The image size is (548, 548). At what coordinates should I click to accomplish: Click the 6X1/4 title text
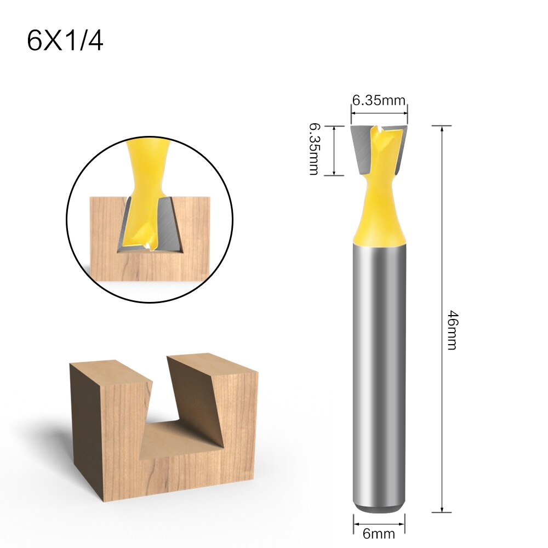click(65, 41)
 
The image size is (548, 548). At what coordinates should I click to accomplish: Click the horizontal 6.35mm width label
click(379, 100)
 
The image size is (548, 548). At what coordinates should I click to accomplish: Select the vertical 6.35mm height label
click(313, 149)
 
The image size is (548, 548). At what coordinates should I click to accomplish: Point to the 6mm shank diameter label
click(380, 532)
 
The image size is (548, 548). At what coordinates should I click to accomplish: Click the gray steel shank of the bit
click(379, 373)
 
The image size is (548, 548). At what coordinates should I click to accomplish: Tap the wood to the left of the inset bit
click(104, 230)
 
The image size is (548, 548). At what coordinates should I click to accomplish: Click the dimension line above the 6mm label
click(380, 517)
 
